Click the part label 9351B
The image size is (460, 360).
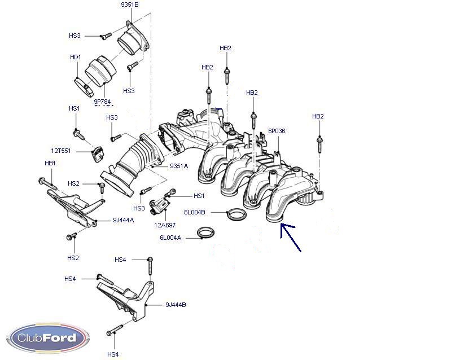(x=129, y=5)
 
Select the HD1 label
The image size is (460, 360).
(x=75, y=57)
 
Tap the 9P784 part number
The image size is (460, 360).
(x=102, y=102)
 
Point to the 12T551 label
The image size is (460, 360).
(x=60, y=151)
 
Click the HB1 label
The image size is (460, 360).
(x=50, y=163)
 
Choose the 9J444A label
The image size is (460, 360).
(x=123, y=220)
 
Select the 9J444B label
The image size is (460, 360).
(x=176, y=305)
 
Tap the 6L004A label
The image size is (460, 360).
(x=170, y=238)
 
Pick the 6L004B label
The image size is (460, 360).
(x=194, y=213)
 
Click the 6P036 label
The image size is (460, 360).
(x=277, y=131)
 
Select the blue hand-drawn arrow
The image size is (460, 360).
(x=291, y=237)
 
